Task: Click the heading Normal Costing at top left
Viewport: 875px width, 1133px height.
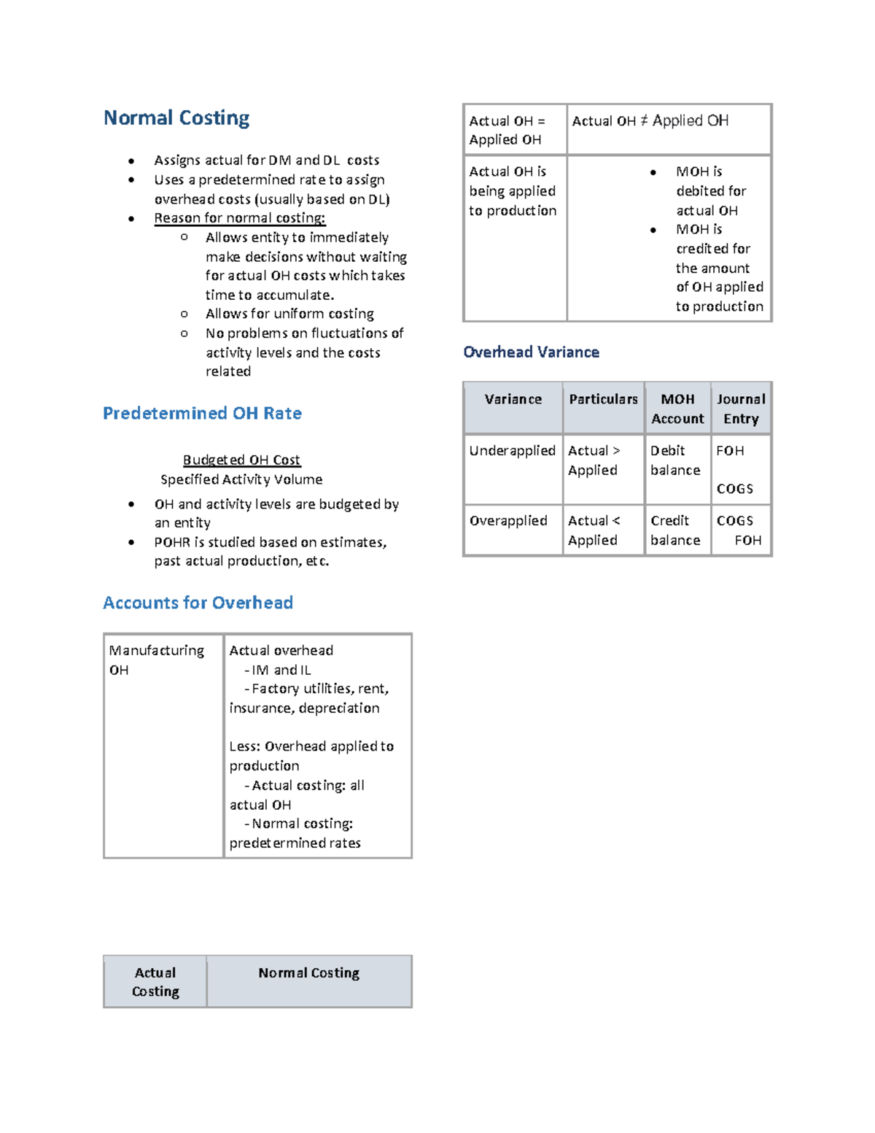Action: (176, 118)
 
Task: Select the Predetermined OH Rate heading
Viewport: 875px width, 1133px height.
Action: (202, 414)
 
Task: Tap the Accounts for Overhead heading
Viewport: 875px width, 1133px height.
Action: (198, 603)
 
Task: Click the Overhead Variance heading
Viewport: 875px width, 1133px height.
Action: (531, 352)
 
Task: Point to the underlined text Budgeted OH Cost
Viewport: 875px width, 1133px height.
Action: (241, 460)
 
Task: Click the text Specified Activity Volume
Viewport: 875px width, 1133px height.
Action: (241, 479)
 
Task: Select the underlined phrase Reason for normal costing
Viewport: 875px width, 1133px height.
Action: (239, 218)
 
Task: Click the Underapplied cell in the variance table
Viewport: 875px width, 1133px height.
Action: (512, 451)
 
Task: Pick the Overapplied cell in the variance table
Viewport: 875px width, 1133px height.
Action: (508, 521)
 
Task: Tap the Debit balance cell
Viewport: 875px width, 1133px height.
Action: (675, 460)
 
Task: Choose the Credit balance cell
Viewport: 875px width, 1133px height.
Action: (675, 530)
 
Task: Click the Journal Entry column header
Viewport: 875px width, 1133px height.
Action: (741, 409)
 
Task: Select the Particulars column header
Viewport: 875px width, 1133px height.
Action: (603, 399)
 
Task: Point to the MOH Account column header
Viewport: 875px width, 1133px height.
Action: (677, 409)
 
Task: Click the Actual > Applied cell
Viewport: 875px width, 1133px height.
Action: (594, 460)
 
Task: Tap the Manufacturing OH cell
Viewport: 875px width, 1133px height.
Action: (156, 660)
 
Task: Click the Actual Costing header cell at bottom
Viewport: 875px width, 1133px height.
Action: (155, 982)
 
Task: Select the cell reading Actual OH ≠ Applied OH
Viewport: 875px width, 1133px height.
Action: (650, 121)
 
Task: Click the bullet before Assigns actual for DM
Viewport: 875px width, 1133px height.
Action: (131, 161)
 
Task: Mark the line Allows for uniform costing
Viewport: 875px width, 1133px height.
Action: (289, 314)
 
